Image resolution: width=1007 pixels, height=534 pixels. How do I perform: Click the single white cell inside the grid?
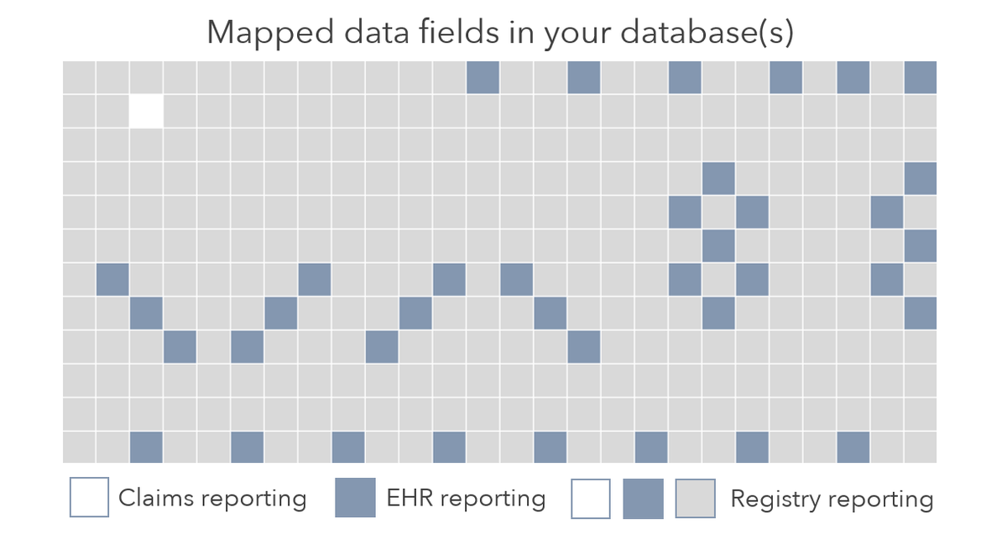(146, 111)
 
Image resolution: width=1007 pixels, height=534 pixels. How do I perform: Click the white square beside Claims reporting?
(89, 498)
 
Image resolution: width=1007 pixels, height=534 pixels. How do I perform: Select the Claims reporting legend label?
(212, 498)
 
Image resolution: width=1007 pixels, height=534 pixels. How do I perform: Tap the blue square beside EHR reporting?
(355, 498)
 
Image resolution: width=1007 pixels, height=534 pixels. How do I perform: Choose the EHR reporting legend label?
(466, 498)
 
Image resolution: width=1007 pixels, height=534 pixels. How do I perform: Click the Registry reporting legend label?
(832, 500)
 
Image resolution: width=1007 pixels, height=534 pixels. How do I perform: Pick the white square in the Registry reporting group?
(591, 500)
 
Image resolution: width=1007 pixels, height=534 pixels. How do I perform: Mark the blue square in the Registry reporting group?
(643, 500)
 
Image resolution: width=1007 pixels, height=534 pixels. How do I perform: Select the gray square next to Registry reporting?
(696, 500)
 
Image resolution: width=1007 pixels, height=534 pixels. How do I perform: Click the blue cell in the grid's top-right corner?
(921, 77)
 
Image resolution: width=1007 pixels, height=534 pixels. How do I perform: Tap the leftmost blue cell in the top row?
(483, 77)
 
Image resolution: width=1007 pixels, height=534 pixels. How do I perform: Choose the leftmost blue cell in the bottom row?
(146, 447)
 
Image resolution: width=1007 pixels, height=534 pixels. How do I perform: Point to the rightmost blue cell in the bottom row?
(853, 447)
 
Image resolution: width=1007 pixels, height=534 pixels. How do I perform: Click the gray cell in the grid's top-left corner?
(79, 77)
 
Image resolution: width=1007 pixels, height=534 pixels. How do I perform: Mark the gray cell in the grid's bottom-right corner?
(921, 447)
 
